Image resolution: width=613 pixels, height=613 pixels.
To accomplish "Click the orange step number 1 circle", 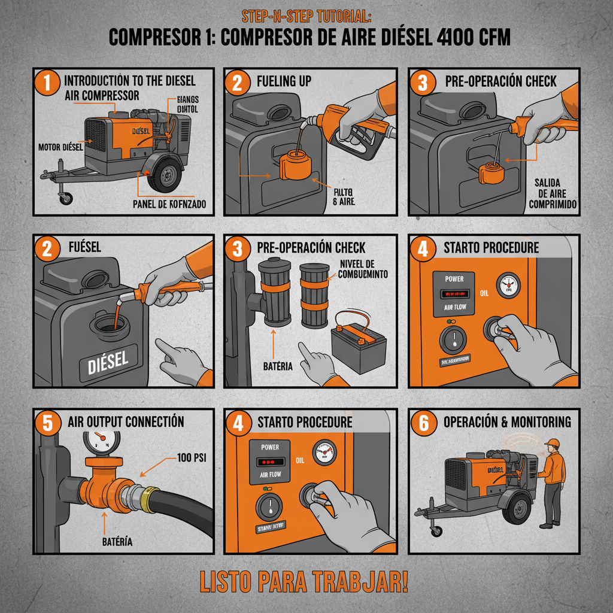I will click(x=48, y=83).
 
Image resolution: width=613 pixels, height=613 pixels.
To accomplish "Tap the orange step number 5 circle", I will click(x=48, y=423).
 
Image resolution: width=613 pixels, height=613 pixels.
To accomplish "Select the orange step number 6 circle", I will click(x=423, y=423).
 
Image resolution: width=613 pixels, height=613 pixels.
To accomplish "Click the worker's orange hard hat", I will click(x=553, y=443).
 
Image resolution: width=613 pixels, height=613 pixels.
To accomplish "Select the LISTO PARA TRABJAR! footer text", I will click(x=306, y=582).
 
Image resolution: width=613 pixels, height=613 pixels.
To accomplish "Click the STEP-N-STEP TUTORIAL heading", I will click(x=306, y=16).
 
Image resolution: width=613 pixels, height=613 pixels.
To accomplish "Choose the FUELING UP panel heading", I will click(x=284, y=80).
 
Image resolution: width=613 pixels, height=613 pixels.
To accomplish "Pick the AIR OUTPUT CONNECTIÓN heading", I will click(x=126, y=421).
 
